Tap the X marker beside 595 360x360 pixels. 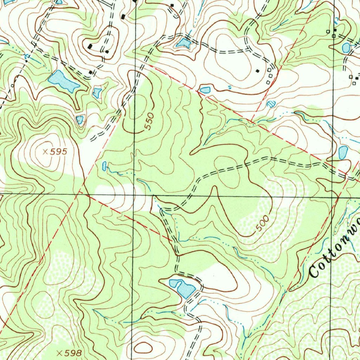click(x=45, y=152)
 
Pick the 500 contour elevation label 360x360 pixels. click(x=262, y=224)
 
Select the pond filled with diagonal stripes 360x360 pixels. click(x=271, y=104)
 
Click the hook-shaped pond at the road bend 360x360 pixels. click(x=182, y=287)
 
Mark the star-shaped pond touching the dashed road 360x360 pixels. click(x=183, y=44)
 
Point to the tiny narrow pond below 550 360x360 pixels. click(x=104, y=165)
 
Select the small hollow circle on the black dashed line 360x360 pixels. click(x=13, y=85)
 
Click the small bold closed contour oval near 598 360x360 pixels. click(x=143, y=348)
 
